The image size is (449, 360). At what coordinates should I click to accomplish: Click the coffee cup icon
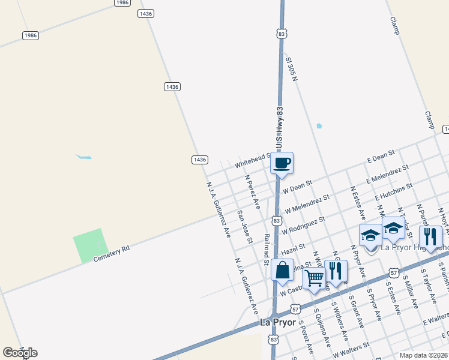tap(282, 163)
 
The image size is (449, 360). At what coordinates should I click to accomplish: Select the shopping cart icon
tap(314, 278)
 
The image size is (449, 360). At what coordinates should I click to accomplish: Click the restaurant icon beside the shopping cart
tap(336, 271)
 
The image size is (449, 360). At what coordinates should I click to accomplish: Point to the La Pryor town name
tap(278, 322)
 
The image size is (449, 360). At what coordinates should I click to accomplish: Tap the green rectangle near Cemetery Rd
tap(88, 245)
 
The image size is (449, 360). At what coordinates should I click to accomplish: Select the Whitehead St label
tap(252, 160)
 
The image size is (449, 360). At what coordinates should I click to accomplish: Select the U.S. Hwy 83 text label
tap(280, 130)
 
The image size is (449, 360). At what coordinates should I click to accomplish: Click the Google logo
tap(20, 352)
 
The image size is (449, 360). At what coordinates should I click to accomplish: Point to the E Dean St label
tap(381, 157)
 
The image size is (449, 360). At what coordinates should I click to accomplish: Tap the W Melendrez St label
tap(307, 204)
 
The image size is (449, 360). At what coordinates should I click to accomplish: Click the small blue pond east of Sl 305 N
tap(319, 126)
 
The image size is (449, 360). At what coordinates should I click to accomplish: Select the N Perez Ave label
tap(252, 191)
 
